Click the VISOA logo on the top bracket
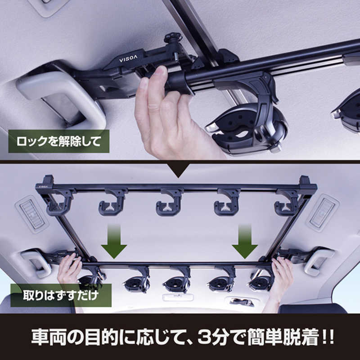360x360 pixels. [x=128, y=59]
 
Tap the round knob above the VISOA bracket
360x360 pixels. [x=173, y=38]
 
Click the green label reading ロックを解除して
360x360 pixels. [x=59, y=141]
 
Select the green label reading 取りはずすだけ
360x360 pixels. [x=61, y=295]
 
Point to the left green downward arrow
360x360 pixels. [x=114, y=242]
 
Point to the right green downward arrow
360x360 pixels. [x=245, y=242]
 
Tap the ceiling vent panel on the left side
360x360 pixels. [x=31, y=214]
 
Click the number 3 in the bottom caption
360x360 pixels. [x=206, y=337]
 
